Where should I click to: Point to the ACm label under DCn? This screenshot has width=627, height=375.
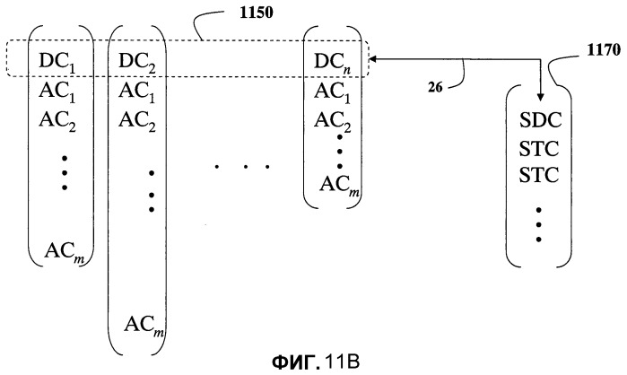tap(340, 186)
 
